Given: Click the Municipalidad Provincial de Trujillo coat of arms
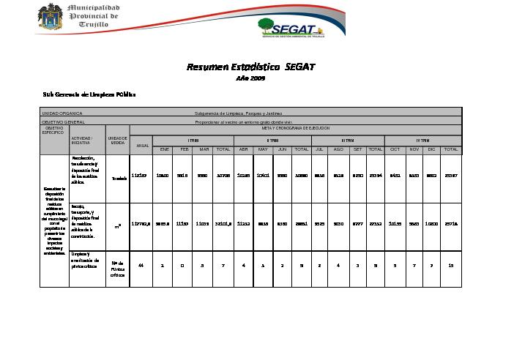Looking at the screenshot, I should tap(51, 17).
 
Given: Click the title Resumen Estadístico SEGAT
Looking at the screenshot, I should tap(250, 67).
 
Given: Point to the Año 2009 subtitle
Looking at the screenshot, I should tap(250, 78).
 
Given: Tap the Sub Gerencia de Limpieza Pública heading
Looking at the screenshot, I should tap(89, 94).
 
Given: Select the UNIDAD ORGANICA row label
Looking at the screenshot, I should tap(62, 113).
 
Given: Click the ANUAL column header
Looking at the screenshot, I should tap(141, 144).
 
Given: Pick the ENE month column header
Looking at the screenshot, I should tap(165, 149).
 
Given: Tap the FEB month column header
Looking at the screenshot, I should tap(185, 149).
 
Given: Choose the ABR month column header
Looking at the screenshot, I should tap(244, 149).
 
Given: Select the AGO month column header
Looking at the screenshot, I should tap(338, 149).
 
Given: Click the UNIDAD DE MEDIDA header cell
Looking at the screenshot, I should tap(117, 140).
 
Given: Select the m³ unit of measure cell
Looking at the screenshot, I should tap(117, 226).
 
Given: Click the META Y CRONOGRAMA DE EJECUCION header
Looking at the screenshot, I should tap(295, 128).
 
